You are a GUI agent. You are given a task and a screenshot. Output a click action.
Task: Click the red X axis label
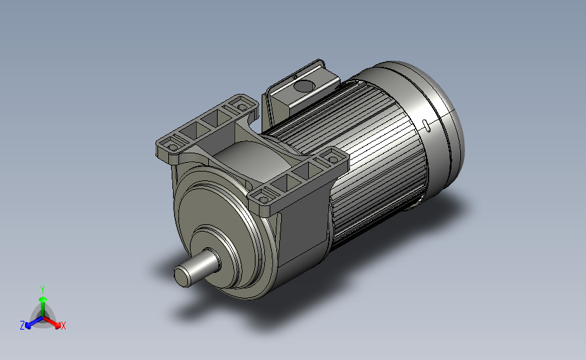63,326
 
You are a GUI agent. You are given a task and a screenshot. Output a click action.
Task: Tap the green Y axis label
42,290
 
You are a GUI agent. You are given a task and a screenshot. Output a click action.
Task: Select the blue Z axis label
22,326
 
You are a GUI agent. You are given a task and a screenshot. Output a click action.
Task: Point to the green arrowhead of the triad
43,299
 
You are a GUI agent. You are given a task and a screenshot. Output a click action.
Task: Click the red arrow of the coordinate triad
51,323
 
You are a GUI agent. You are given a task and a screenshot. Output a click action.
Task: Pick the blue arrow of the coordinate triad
34,323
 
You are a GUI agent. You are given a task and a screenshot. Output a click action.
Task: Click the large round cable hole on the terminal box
303,86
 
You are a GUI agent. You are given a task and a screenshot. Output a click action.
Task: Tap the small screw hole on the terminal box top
295,77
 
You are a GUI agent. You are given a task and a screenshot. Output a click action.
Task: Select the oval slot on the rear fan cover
426,125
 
